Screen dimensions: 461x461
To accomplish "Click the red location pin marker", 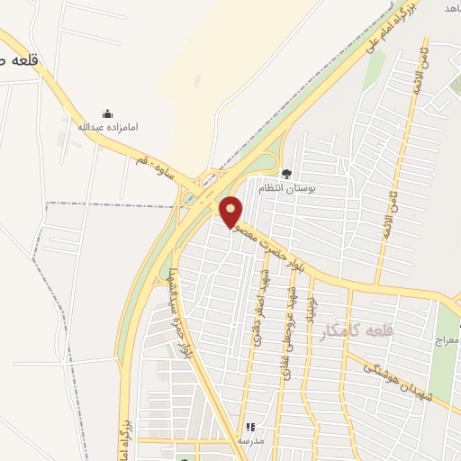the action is [231, 212].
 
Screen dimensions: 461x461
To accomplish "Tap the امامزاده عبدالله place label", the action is [108, 127].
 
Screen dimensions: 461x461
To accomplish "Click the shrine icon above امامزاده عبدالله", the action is [108, 113].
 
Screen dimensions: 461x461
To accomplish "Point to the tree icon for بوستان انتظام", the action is [286, 174].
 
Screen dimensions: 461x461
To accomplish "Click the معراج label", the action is [447, 340].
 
